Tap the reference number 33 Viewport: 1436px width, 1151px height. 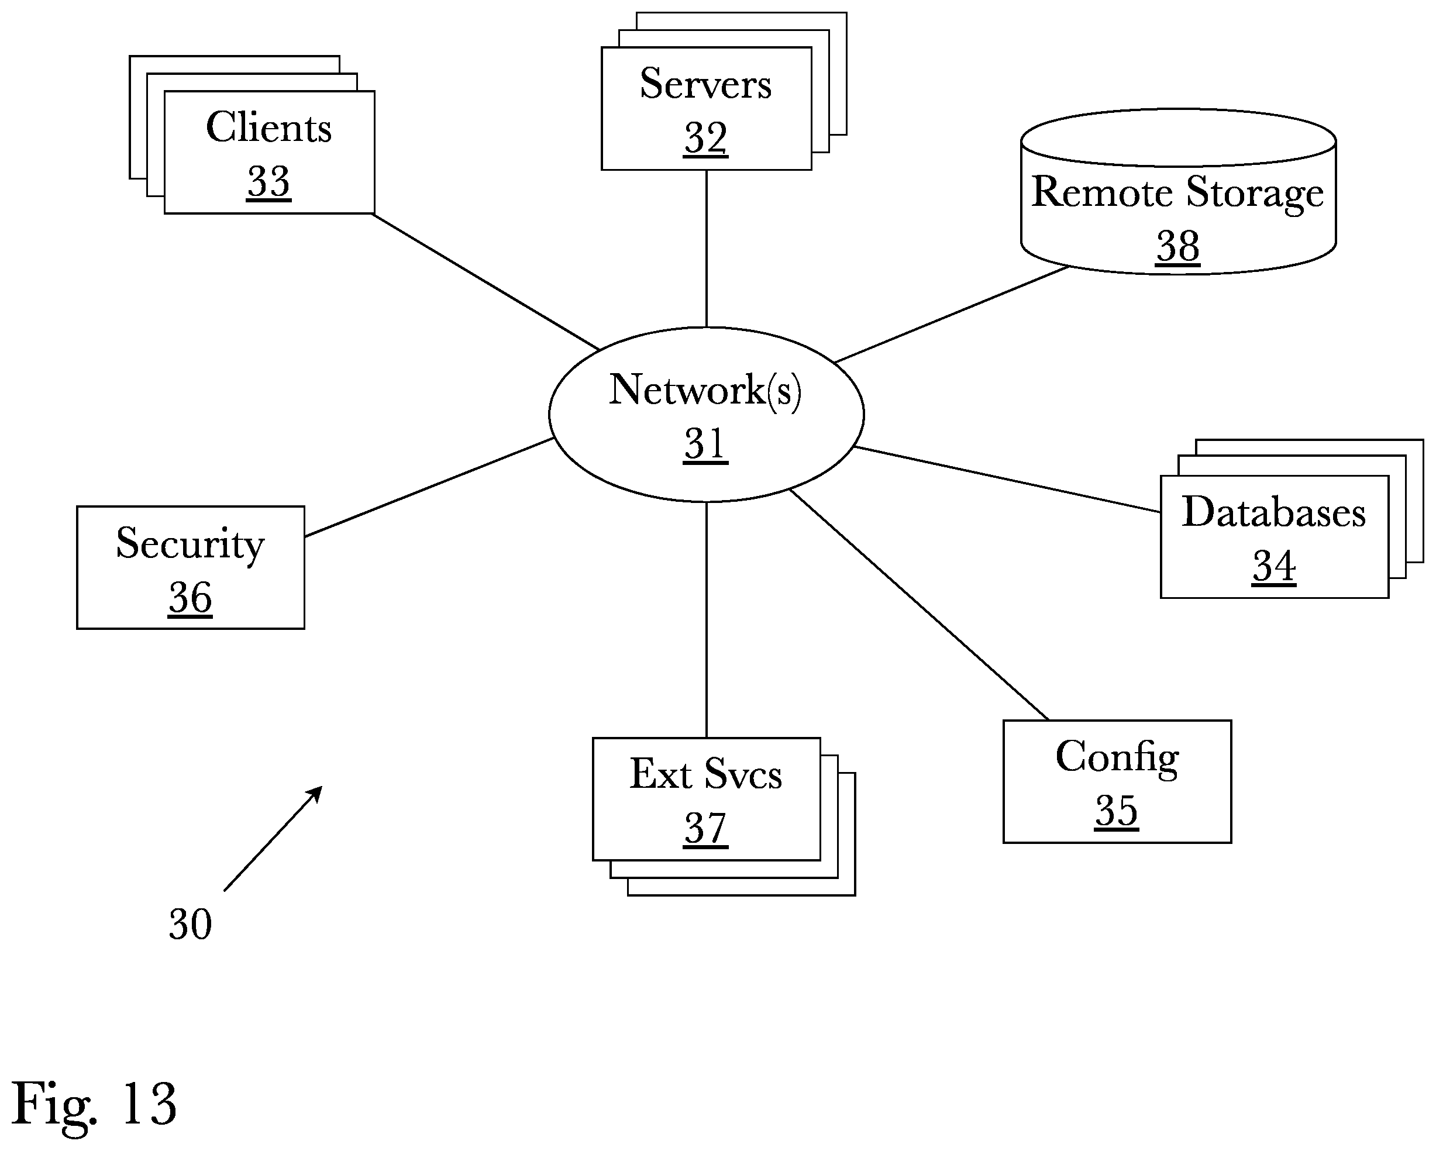(268, 181)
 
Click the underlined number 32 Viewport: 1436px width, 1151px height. (706, 138)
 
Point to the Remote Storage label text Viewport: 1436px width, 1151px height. (1177, 193)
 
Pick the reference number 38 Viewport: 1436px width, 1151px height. (1177, 246)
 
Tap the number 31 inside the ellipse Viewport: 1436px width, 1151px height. (705, 444)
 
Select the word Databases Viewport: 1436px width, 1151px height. (1273, 512)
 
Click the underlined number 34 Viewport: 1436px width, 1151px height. (1273, 567)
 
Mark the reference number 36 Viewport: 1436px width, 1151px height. (191, 598)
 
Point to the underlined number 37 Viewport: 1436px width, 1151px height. (706, 829)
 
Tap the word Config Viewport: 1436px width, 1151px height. (1117, 758)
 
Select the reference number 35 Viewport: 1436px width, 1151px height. (1117, 811)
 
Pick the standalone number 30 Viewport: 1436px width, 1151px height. (191, 924)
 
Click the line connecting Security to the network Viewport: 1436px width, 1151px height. (429, 487)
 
